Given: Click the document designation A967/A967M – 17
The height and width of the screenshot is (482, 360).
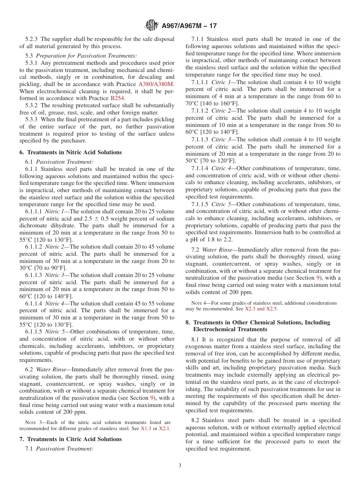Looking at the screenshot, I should click(x=189, y=26).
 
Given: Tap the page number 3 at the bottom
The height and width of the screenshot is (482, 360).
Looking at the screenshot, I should click(x=180, y=466).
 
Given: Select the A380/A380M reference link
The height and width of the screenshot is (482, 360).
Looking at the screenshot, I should click(x=156, y=83).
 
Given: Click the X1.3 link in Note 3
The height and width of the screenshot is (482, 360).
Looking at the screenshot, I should click(x=146, y=429).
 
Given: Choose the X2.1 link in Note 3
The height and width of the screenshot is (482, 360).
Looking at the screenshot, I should click(x=164, y=429).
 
